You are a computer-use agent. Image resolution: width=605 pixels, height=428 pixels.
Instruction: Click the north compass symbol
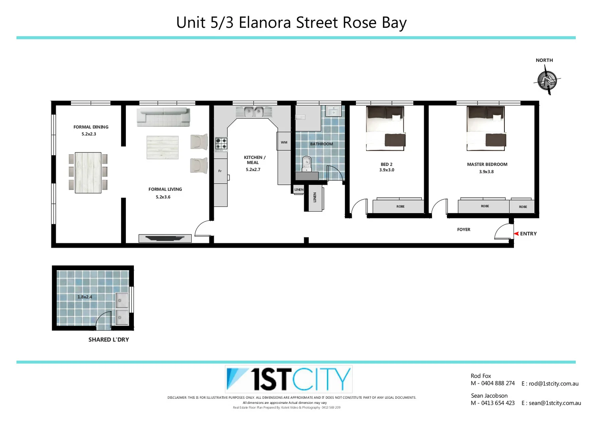(547, 81)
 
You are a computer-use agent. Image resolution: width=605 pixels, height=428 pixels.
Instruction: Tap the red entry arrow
(516, 234)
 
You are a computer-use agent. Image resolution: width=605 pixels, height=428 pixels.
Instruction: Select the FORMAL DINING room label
(91, 127)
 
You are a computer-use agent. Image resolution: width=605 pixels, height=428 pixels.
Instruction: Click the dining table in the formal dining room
(88, 173)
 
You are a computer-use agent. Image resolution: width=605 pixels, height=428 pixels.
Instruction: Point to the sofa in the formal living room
(163, 117)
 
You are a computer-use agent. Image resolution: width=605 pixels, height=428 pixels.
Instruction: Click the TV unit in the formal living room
(165, 238)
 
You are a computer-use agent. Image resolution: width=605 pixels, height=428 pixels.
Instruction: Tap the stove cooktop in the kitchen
(221, 144)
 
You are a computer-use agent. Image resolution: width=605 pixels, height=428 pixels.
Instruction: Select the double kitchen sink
(254, 112)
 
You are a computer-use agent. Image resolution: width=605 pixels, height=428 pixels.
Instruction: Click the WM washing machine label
(284, 142)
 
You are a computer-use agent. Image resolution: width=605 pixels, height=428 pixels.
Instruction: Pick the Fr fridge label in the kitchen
(220, 171)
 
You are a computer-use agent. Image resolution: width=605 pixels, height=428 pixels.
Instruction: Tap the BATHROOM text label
(322, 144)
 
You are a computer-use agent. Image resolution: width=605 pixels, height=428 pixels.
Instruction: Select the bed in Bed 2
(386, 128)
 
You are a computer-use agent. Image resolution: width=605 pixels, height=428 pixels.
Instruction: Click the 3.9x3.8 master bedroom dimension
(486, 172)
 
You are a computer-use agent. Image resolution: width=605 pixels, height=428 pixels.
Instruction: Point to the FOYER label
(464, 229)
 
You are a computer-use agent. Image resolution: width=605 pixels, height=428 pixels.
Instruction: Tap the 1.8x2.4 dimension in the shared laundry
(85, 297)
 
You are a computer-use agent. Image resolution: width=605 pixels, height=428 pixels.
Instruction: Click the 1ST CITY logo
(289, 379)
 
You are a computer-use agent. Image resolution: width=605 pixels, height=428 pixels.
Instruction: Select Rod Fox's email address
(554, 384)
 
